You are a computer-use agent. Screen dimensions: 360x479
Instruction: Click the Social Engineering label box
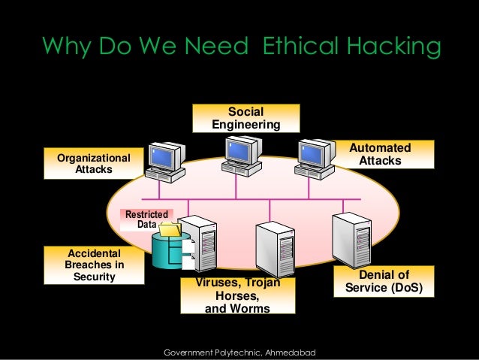[x=246, y=118]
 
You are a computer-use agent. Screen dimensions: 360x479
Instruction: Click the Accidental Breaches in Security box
[x=94, y=265]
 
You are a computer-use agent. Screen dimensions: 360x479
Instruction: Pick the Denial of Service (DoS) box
[x=384, y=281]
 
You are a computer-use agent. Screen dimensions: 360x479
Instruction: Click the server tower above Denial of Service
[x=351, y=240]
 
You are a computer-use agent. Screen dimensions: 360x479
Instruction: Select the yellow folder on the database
[x=170, y=228]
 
